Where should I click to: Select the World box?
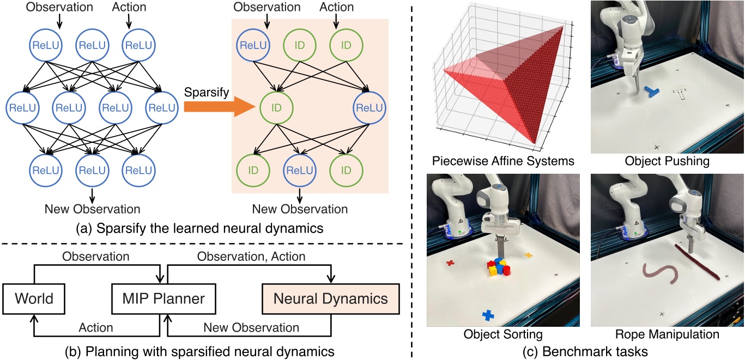tap(34, 298)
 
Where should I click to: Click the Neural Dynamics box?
tap(331, 298)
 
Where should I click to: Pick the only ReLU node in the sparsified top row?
tap(252, 45)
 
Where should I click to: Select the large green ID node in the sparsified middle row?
tap(276, 107)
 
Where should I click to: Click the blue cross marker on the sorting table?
tap(488, 315)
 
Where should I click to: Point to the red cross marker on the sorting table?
tap(451, 263)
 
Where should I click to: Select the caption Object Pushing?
tap(667, 161)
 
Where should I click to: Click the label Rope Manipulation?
tap(667, 333)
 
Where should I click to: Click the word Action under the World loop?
tap(96, 327)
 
